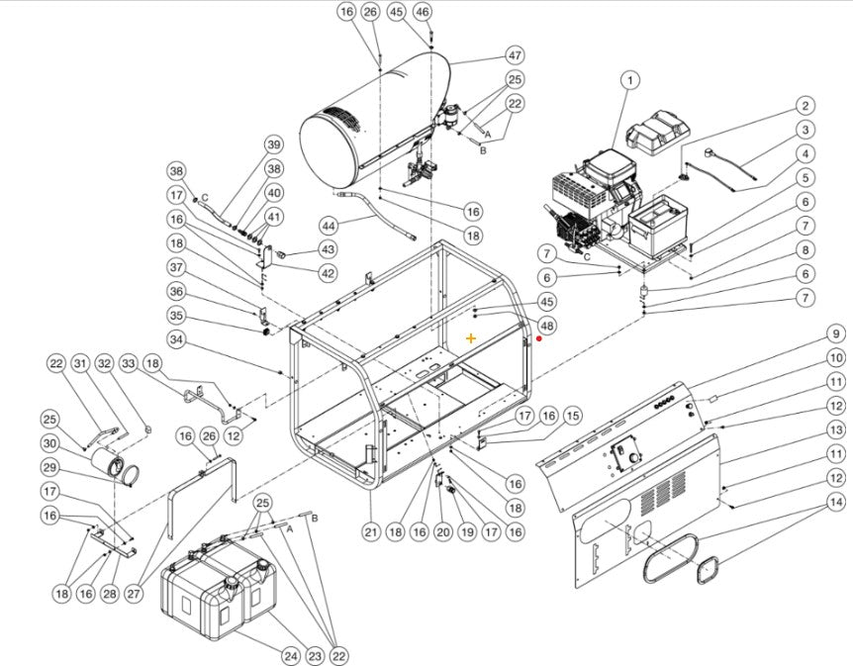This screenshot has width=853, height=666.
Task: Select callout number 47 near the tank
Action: (x=515, y=55)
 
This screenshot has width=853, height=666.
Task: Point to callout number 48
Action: (x=547, y=325)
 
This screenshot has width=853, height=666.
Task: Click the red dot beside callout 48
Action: (x=538, y=338)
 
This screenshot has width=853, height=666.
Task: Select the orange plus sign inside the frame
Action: (x=471, y=338)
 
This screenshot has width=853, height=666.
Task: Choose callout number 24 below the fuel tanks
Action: (x=290, y=654)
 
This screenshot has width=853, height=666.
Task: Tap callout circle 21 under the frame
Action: (x=370, y=532)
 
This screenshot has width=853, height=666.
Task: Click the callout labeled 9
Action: (x=836, y=334)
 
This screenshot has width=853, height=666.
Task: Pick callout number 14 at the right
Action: (x=836, y=503)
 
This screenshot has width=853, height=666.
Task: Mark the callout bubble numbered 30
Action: (x=49, y=443)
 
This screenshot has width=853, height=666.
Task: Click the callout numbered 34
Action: (x=176, y=340)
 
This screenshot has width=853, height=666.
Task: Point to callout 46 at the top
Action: (x=423, y=12)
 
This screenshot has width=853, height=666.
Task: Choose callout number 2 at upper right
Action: (x=806, y=106)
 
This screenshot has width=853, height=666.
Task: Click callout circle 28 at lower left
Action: (x=109, y=593)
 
